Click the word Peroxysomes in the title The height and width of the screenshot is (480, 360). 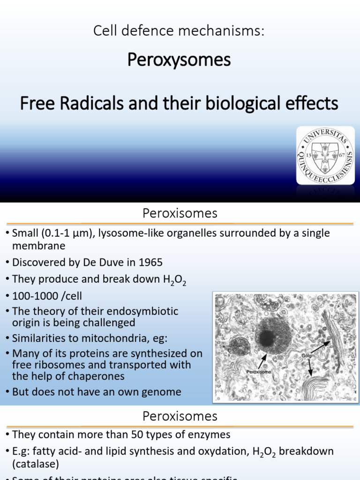(180, 60)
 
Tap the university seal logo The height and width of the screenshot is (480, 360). (325, 155)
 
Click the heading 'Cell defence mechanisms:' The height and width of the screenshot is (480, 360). (179, 31)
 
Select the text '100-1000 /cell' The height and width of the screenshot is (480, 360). (47, 297)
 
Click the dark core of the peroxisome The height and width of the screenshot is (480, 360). (267, 337)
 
